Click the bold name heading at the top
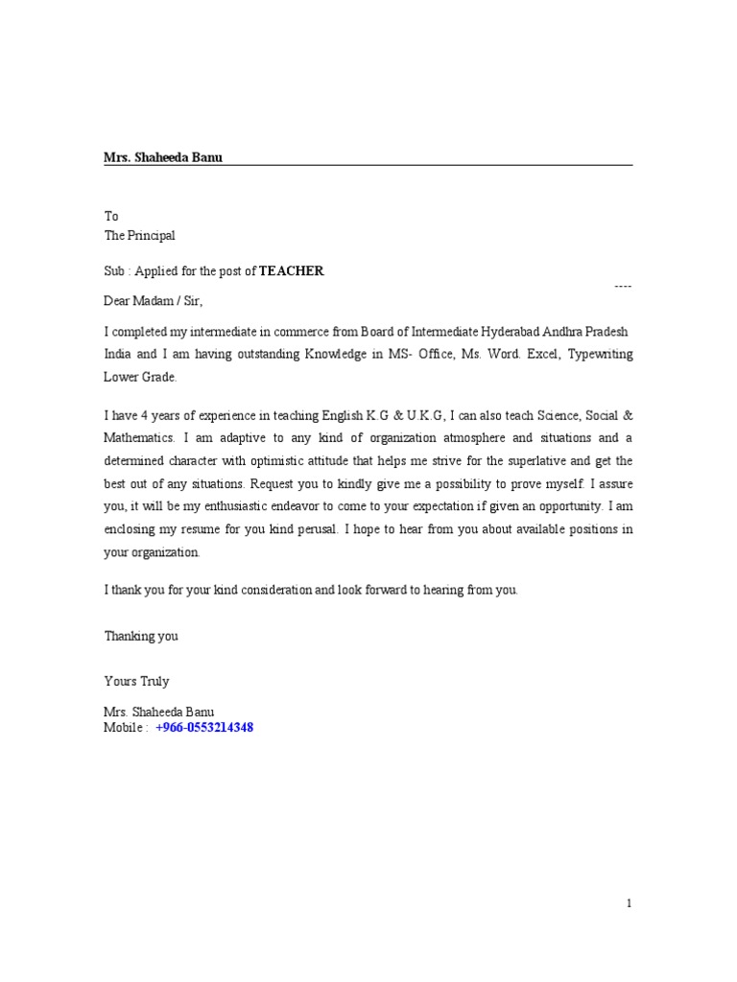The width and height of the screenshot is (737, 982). [x=162, y=157]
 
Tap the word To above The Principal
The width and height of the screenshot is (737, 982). [x=110, y=217]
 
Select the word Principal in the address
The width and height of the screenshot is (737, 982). [x=152, y=235]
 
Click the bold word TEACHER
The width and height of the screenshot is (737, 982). [x=292, y=271]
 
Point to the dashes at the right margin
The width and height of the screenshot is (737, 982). [x=623, y=287]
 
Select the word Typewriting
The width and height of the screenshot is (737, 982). [x=600, y=354]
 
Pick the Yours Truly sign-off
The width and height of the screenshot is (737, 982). [x=136, y=681]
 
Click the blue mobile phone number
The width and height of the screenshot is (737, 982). [x=204, y=728]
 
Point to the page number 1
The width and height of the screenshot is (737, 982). [x=629, y=903]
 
